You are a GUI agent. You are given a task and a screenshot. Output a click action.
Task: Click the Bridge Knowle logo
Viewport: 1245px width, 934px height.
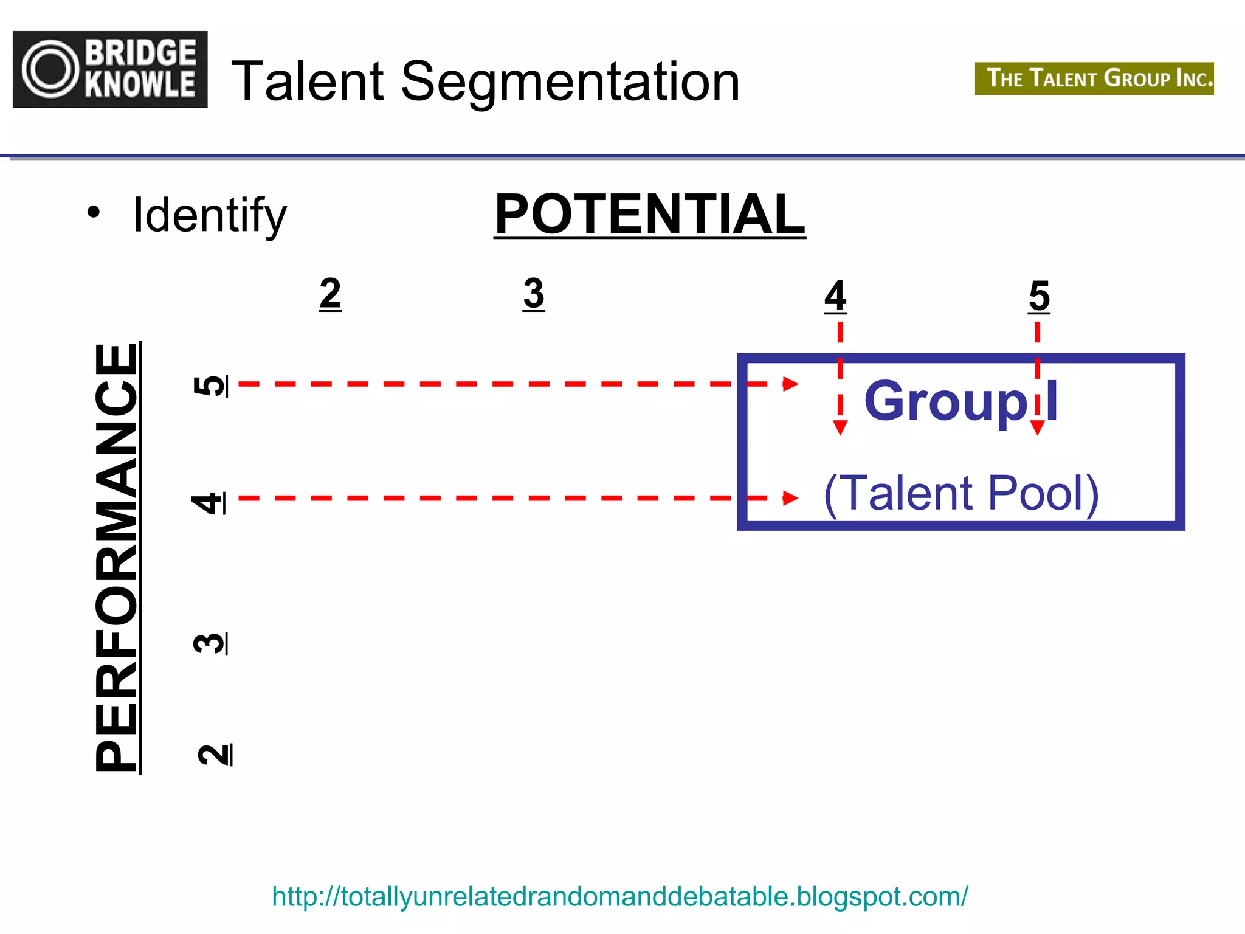click(110, 69)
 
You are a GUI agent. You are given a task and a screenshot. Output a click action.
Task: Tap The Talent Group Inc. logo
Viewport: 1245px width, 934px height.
click(1094, 78)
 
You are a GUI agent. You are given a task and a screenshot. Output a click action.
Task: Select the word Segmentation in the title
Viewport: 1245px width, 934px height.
click(570, 82)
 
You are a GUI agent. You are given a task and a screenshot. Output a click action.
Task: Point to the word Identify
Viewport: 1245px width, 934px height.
click(209, 215)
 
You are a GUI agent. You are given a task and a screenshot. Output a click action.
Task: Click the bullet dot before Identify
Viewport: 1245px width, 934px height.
click(93, 212)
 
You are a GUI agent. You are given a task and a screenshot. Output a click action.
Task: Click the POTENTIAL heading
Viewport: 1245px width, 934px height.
click(649, 214)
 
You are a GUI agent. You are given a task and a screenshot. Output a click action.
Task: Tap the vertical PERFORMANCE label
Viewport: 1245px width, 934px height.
click(117, 558)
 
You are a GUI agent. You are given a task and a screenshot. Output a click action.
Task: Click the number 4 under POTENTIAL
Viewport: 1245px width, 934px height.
click(835, 296)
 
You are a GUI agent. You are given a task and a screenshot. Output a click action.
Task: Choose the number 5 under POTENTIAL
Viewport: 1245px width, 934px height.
click(1039, 296)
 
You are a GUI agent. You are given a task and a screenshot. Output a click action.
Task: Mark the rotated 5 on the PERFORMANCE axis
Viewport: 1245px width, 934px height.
click(210, 386)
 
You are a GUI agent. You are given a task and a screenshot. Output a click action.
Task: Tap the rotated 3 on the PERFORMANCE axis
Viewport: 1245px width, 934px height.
click(210, 643)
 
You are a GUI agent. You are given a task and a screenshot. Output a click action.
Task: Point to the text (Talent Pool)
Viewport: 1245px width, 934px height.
click(961, 493)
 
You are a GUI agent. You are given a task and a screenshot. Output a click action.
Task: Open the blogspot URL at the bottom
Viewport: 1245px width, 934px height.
click(619, 896)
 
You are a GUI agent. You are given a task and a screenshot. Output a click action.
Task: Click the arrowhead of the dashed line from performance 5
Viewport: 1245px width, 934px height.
click(790, 384)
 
